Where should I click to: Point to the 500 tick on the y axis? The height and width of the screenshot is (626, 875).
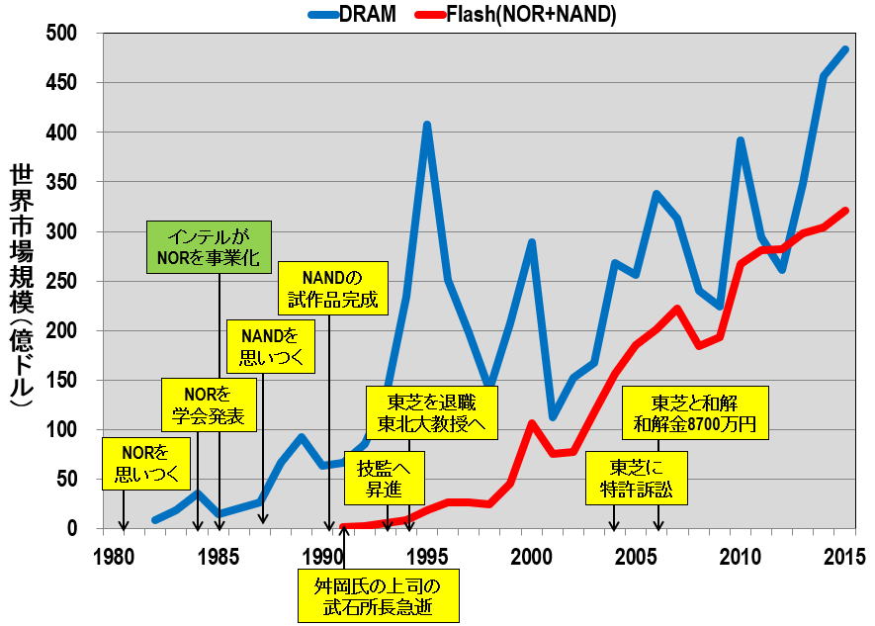[x=77, y=34]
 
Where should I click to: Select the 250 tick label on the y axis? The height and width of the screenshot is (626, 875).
[x=77, y=282]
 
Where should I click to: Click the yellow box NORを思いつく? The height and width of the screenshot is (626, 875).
[x=145, y=464]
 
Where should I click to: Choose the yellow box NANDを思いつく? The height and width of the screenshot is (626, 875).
[x=270, y=346]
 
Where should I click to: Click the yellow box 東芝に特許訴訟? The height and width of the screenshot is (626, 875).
[x=635, y=477]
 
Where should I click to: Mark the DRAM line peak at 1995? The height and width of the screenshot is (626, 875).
[x=427, y=125]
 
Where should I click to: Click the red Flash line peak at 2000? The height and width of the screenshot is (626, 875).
[x=532, y=422]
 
